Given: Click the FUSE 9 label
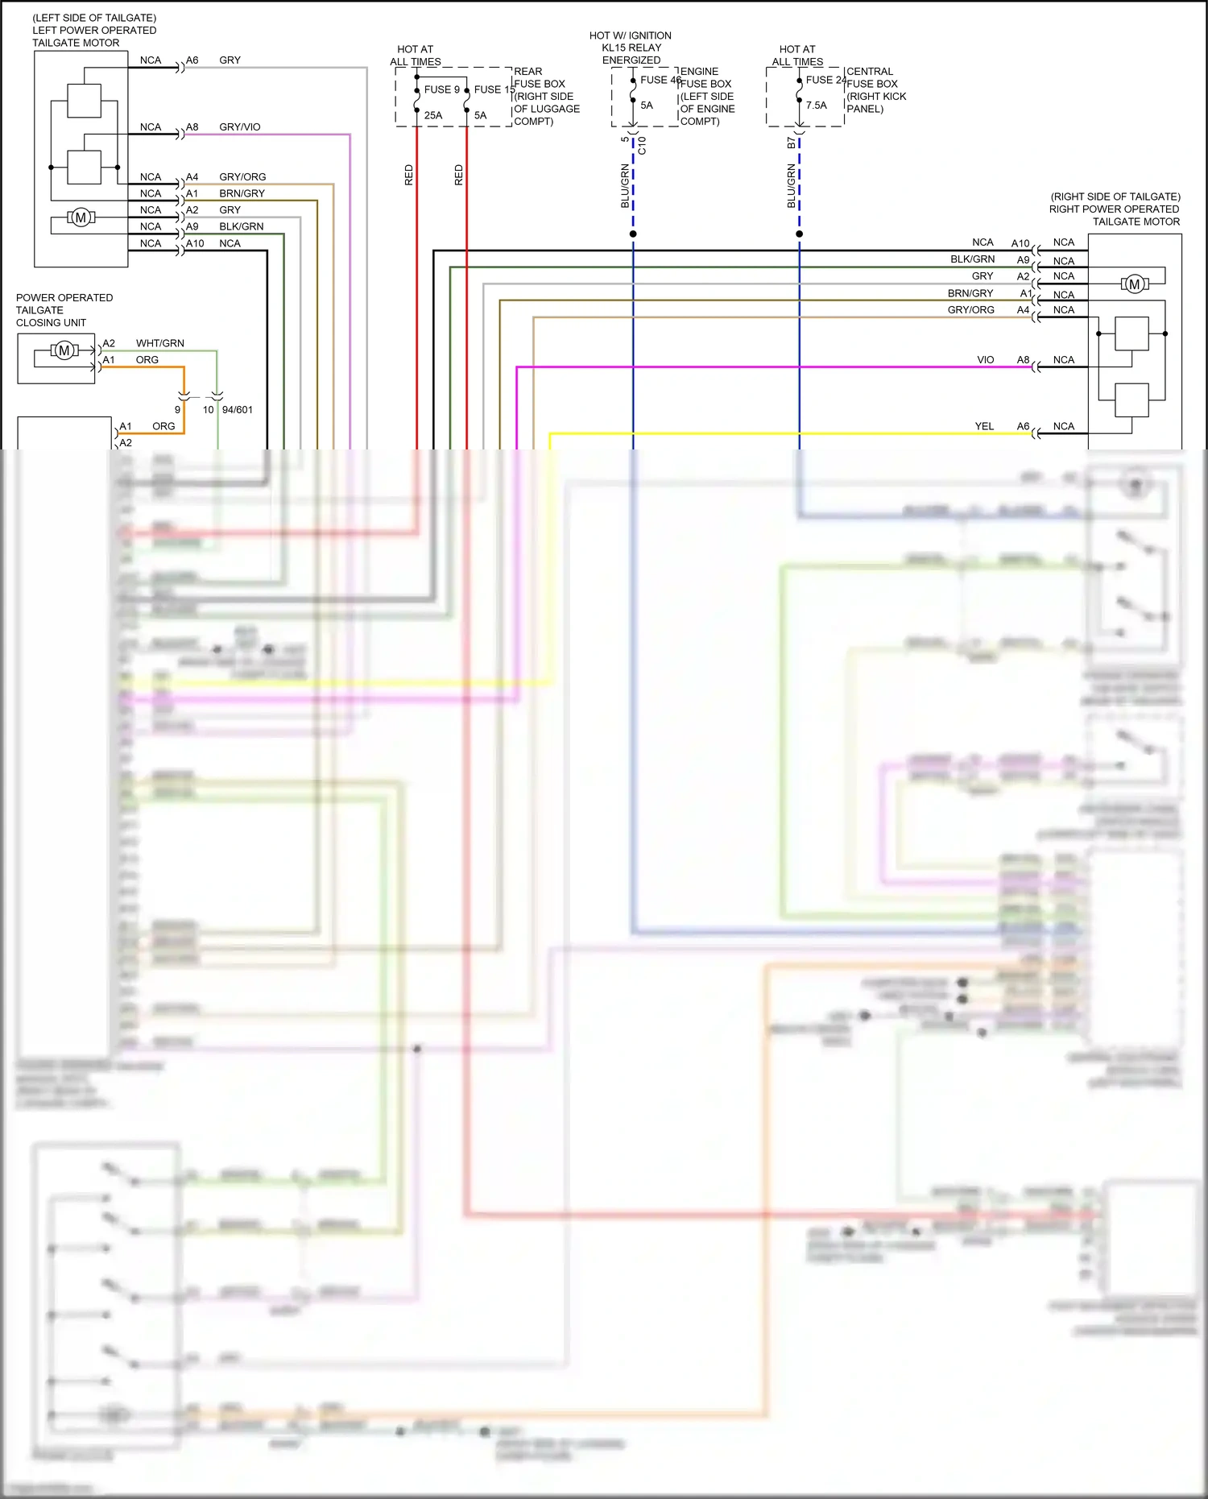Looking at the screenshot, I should pyautogui.click(x=441, y=89).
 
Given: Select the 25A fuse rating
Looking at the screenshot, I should pyautogui.click(x=433, y=115).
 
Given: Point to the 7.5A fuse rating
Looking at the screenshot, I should pyautogui.click(x=816, y=106).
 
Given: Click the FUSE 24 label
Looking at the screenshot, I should pyautogui.click(x=825, y=80).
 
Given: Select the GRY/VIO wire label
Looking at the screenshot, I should pyautogui.click(x=239, y=127).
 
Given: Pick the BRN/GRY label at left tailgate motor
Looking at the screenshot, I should pyautogui.click(x=242, y=193).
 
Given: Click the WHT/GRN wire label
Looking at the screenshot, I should pyautogui.click(x=159, y=343).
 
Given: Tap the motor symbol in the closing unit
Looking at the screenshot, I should pyautogui.click(x=64, y=350).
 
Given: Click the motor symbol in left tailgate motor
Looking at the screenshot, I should pyautogui.click(x=81, y=217).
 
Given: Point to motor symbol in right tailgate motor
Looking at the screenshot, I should pyautogui.click(x=1134, y=284).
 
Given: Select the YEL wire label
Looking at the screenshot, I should pyautogui.click(x=984, y=426).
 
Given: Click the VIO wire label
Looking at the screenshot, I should pyautogui.click(x=985, y=360).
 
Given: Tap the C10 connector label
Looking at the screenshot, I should pyautogui.click(x=642, y=146).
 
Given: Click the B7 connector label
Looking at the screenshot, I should pyautogui.click(x=791, y=143).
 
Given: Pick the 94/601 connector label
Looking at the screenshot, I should pyautogui.click(x=237, y=410).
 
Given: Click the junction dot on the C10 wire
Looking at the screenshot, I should pyautogui.click(x=633, y=234).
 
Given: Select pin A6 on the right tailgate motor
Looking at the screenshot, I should pyautogui.click(x=1023, y=426).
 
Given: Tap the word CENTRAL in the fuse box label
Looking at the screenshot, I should pyautogui.click(x=870, y=72).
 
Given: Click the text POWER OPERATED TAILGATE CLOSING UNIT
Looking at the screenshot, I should pyautogui.click(x=64, y=310).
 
